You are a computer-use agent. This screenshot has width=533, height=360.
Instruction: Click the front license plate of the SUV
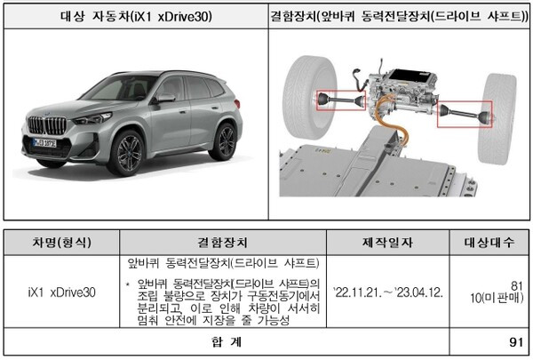44,142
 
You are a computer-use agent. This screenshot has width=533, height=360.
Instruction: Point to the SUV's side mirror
164,99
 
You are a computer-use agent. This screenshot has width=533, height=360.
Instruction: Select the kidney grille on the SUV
47,125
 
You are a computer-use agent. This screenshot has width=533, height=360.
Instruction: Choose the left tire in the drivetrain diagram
309,97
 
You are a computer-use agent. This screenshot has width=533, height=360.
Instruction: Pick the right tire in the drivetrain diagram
497,119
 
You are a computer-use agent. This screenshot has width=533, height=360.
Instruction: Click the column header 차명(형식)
62,243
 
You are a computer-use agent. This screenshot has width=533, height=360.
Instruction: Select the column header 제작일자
387,243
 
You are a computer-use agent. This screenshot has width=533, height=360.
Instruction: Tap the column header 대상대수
489,243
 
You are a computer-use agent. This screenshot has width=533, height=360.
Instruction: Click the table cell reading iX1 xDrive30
62,292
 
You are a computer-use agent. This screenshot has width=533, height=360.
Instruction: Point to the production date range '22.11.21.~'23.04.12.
388,292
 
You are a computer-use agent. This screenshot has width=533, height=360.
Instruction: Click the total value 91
516,342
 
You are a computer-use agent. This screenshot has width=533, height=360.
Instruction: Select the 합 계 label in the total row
227,341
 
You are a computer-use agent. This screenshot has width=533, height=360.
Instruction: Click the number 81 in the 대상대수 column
517,285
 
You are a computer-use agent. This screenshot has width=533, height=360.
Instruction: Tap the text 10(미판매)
497,298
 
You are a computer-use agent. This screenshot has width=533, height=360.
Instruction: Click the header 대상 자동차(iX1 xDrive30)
136,16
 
